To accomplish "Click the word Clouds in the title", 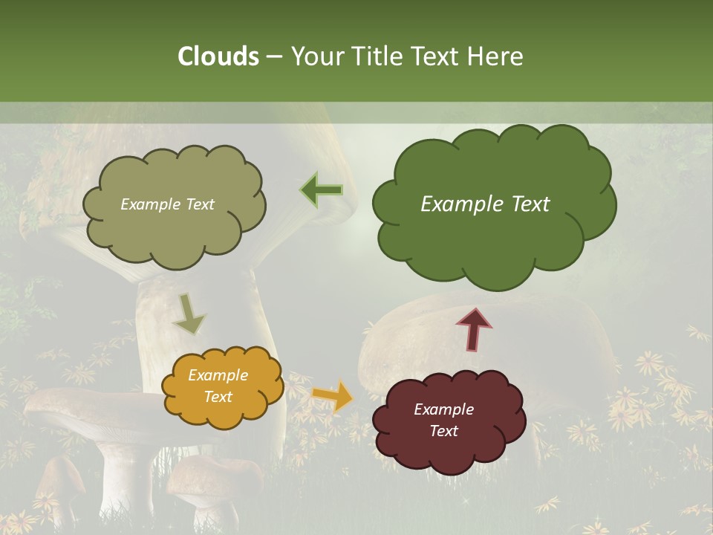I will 218,56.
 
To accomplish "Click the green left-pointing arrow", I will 322,190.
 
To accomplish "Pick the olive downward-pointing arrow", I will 189,314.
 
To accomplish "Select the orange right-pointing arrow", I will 333,396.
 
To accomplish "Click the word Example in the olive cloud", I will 150,204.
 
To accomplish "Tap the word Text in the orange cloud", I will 218,397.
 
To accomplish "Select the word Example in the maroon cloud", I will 443,409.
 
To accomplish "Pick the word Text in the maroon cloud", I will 443,431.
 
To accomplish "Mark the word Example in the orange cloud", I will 218,375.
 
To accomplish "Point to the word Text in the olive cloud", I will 198,204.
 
